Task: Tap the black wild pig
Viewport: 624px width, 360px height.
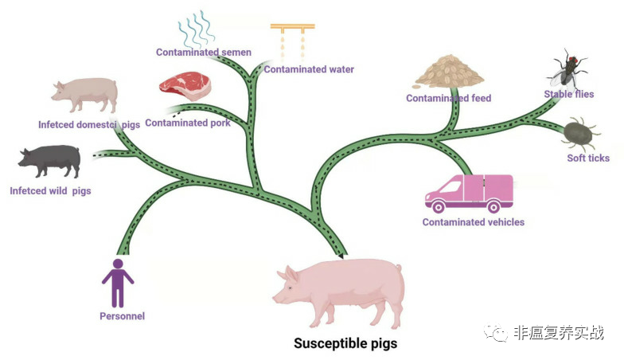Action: (49, 161)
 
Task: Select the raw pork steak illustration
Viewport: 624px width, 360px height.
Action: (185, 86)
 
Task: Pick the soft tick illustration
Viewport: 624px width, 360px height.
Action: (579, 132)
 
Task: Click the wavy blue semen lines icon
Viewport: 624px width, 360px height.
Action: (196, 29)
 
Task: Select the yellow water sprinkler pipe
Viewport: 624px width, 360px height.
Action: (293, 28)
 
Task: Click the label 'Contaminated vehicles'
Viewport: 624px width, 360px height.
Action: (473, 222)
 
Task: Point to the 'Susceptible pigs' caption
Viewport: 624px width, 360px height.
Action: (345, 343)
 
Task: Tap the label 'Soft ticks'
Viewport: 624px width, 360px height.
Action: (588, 158)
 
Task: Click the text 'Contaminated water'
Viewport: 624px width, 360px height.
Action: (309, 69)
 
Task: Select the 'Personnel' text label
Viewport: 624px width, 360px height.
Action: (123, 316)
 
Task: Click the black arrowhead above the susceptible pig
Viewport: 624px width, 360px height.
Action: (341, 254)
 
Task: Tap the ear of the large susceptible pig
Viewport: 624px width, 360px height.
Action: (291, 274)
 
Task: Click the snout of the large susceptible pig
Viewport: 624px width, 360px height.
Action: (275, 298)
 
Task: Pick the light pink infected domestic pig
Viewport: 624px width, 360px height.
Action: (84, 95)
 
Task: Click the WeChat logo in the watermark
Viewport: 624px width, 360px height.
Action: (495, 332)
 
